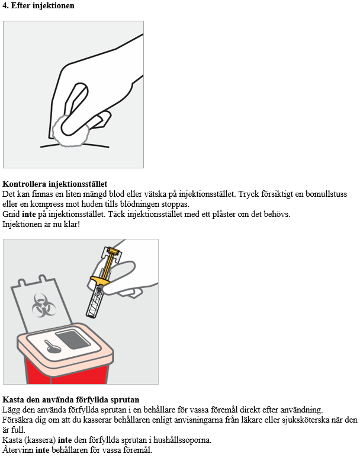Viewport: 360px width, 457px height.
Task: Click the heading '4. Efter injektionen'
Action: (x=38, y=5)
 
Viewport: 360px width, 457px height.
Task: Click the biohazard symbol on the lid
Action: (x=43, y=305)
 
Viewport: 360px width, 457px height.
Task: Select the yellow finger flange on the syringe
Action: (x=99, y=281)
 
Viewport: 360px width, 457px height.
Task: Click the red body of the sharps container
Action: (x=67, y=372)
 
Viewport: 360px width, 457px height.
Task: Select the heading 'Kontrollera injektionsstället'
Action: (x=54, y=184)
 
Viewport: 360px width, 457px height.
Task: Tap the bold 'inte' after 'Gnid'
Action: (x=29, y=214)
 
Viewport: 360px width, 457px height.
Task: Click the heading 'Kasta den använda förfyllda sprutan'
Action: (x=70, y=400)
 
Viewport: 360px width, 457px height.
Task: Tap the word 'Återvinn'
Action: (x=17, y=450)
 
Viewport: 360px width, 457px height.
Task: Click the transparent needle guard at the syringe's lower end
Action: (x=95, y=303)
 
